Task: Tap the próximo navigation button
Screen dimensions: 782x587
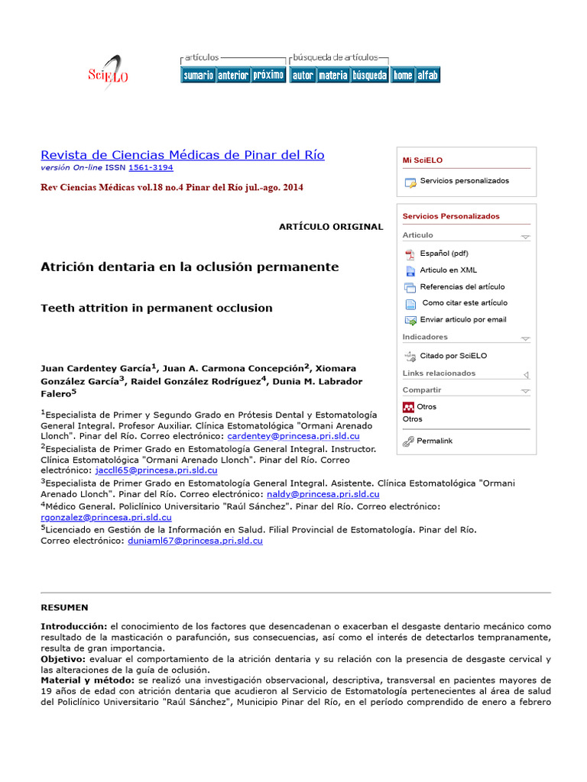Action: coord(268,75)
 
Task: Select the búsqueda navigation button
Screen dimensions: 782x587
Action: coord(369,75)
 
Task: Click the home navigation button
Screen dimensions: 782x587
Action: coord(403,75)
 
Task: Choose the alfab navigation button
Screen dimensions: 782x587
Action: coord(427,75)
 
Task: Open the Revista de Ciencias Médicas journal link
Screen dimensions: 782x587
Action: coord(182,155)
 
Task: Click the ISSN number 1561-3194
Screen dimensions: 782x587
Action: coord(151,167)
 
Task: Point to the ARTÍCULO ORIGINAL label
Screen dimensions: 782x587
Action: coord(331,227)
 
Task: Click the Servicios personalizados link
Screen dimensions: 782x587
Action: coord(464,181)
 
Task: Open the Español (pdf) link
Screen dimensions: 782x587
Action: coord(444,254)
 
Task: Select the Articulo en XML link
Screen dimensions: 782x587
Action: coord(448,270)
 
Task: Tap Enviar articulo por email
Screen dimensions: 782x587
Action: coord(463,320)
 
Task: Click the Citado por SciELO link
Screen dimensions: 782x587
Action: coord(453,356)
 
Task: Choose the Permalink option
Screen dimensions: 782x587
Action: coord(434,441)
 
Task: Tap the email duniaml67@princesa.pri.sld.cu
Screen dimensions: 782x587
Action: coord(194,540)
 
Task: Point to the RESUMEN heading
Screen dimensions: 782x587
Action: coord(64,608)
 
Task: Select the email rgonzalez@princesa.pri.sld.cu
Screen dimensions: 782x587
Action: coord(106,517)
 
